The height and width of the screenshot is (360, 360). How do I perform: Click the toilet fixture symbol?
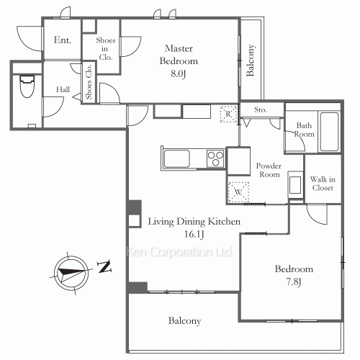27,86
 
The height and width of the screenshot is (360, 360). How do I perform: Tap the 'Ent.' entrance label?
63,40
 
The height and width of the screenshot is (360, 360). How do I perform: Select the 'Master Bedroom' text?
179,55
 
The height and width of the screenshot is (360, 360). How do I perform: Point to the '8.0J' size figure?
179,73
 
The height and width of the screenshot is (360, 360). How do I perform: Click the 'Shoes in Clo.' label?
106,49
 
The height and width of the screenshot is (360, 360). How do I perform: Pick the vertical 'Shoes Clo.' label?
89,82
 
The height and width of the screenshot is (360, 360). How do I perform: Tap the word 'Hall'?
63,89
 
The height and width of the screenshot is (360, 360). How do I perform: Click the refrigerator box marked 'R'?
228,114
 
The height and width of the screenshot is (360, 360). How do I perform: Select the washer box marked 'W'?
238,192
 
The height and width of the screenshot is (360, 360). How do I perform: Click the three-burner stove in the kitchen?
216,158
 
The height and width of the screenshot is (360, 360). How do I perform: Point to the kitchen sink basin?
176,158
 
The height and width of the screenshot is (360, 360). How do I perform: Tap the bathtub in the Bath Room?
329,132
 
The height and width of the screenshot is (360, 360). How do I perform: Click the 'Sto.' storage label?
261,109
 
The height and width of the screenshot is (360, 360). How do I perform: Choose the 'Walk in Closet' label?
323,184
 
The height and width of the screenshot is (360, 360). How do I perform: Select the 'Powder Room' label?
269,170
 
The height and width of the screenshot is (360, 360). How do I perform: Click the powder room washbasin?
295,185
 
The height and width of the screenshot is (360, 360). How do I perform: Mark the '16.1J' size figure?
194,234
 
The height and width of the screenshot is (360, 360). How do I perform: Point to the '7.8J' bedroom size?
294,282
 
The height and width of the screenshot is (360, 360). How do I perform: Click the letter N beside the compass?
104,266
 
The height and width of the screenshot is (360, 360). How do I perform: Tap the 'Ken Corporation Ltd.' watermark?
180,252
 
